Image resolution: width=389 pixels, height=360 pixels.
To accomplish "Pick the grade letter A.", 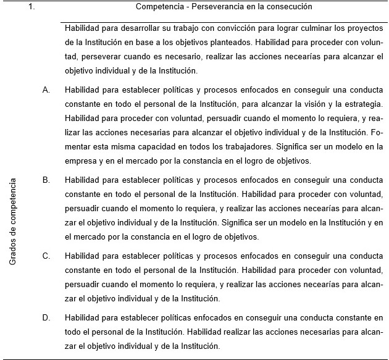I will point(46,90).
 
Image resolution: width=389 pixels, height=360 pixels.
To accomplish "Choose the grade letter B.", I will point(46,180).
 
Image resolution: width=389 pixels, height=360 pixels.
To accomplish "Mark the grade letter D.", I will point(46,317).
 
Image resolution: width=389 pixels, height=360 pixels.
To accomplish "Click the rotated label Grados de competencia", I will point(13,222).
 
